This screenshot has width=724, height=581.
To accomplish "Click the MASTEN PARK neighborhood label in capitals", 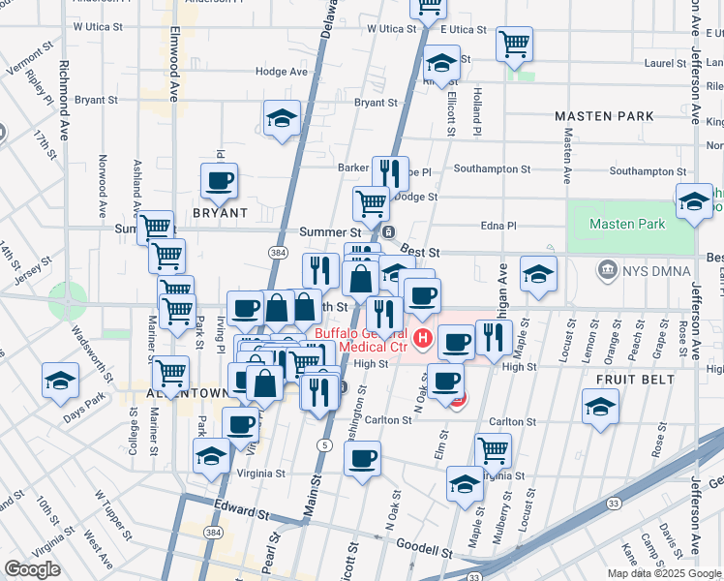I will pos(604,116).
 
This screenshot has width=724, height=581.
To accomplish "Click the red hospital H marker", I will pos(423,338).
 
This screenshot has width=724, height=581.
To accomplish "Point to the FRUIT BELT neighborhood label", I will pos(635,380).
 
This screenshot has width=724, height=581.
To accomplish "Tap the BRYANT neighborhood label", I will pos(220,212).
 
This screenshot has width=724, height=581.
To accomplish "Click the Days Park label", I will pos(84,401).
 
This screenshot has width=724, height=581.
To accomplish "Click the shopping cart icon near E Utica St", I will pos(514,43).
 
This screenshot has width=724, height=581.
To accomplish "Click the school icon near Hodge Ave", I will pos(282,119).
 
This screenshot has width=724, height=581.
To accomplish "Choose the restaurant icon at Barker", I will pos(390,172).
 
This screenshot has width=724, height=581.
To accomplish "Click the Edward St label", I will pos(240,508).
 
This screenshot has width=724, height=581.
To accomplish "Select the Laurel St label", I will pos(664,64).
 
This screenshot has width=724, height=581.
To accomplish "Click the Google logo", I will pos(32,569).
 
